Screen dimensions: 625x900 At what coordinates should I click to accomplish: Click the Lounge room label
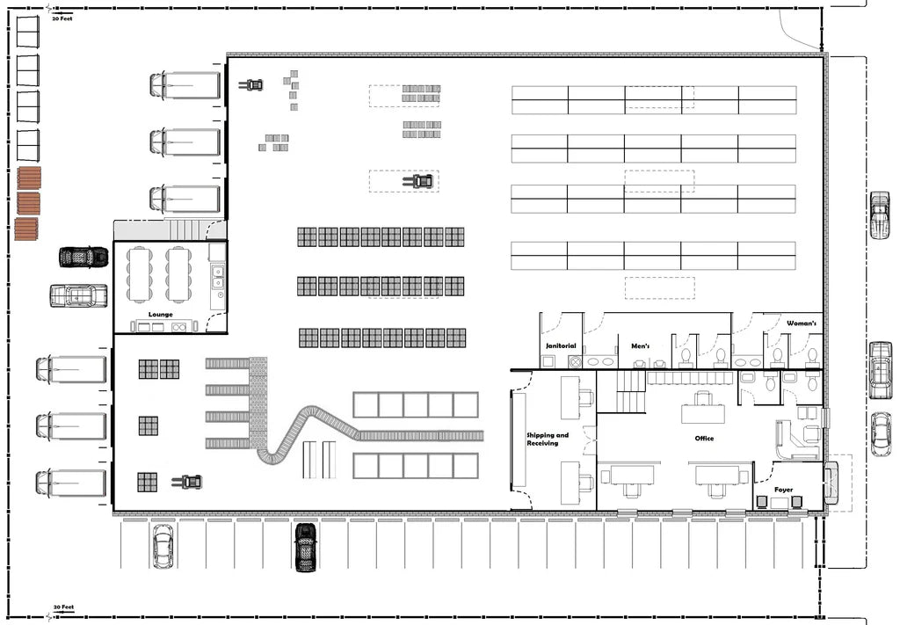point(160,314)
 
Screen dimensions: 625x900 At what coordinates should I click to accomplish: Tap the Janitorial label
point(561,346)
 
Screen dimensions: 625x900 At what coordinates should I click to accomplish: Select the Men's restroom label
point(640,346)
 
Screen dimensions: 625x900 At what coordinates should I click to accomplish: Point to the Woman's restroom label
point(801,324)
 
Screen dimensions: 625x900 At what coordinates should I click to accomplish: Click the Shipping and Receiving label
point(548,440)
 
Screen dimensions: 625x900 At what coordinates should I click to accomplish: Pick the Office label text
point(704,438)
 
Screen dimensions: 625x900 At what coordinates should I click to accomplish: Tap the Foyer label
point(783,490)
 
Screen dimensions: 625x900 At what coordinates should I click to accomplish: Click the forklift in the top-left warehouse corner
point(251,85)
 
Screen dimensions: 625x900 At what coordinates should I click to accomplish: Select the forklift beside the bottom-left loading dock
point(187,482)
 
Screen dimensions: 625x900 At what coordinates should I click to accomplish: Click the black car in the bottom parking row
point(305,547)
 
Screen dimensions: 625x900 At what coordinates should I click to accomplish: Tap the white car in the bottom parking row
point(162,546)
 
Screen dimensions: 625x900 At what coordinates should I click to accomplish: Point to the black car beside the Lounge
point(83,257)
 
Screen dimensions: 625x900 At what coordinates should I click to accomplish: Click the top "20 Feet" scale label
point(62,18)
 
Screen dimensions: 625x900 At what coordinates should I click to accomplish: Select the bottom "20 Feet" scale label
point(62,607)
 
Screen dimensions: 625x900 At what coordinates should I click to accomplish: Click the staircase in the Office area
point(630,392)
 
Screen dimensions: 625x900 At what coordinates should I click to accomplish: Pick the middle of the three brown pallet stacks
point(27,204)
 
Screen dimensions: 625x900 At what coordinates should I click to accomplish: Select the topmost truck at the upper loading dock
point(185,85)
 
